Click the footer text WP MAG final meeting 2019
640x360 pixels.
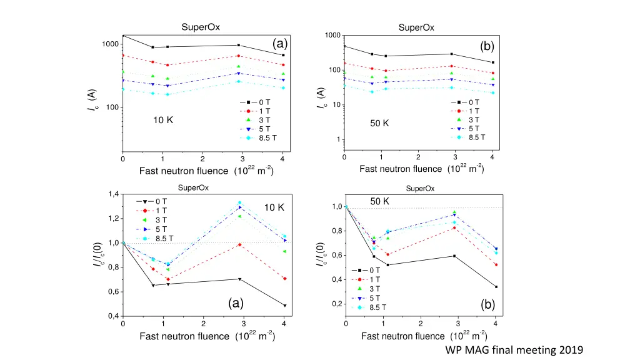click(514, 350)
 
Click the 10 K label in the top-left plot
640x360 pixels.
click(163, 120)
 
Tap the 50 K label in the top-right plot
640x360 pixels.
click(379, 123)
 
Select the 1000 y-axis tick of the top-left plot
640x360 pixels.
click(110, 44)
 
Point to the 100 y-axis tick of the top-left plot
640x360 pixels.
click(112, 107)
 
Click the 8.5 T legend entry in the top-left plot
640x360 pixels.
click(260, 137)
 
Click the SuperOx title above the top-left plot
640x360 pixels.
click(200, 27)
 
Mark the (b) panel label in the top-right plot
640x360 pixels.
click(487, 46)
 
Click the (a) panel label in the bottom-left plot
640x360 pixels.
click(235, 304)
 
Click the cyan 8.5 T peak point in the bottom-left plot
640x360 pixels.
click(239, 203)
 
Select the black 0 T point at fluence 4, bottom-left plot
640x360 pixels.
click(284, 306)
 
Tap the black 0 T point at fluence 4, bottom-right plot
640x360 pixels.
click(496, 287)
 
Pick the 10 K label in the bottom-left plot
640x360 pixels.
click(274, 207)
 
